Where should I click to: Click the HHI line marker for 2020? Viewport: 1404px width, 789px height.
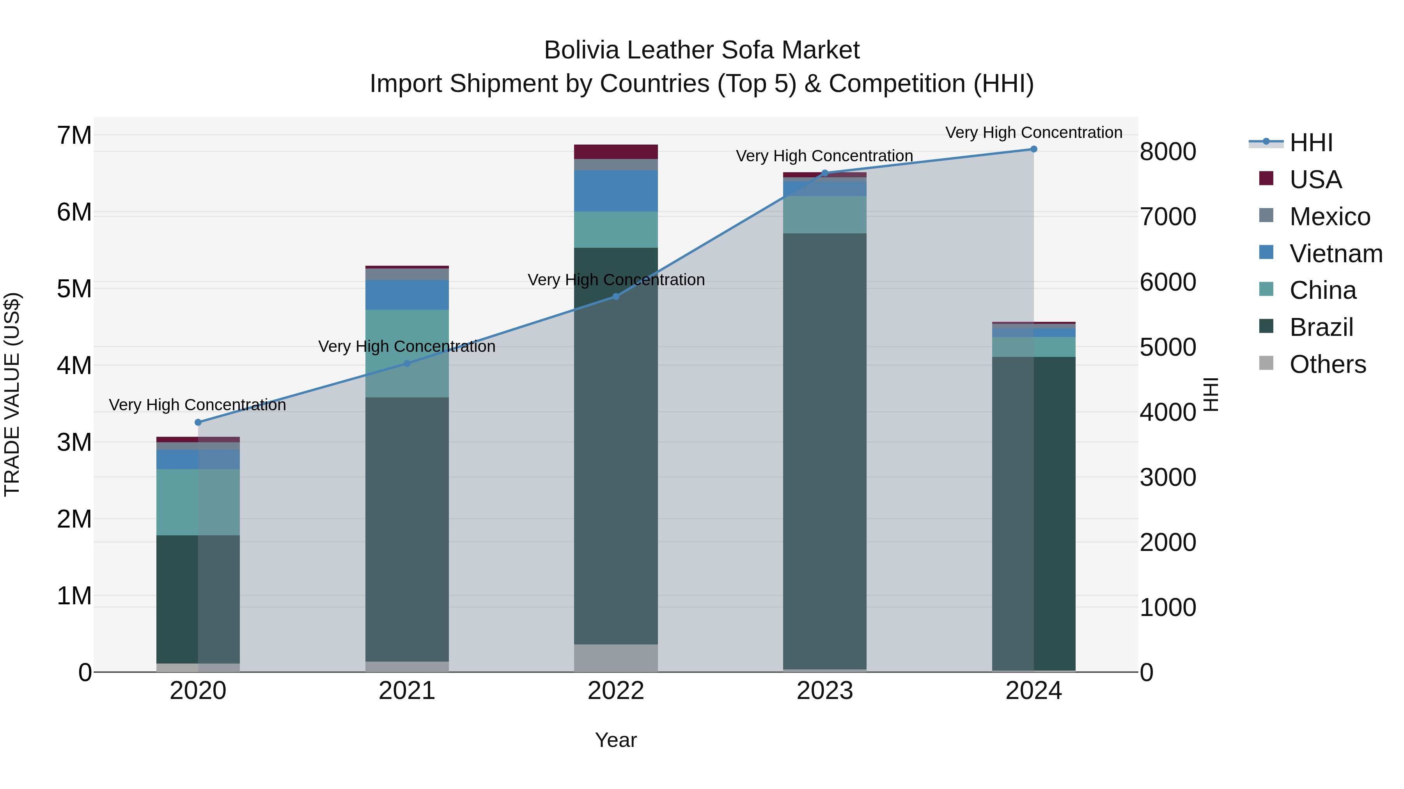coord(198,422)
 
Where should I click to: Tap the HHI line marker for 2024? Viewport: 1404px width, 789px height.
coord(1033,149)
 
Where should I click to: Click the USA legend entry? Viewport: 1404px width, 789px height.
coord(1315,180)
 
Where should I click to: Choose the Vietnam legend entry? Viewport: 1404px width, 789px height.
coord(1335,254)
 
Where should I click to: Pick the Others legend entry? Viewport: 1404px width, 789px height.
coord(1327,364)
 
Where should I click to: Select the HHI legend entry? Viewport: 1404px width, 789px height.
coord(1311,143)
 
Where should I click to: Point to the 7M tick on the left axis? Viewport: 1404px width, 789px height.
coord(74,135)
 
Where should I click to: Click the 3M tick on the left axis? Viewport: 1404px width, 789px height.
coord(74,442)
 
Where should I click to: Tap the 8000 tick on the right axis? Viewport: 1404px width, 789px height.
coord(1167,152)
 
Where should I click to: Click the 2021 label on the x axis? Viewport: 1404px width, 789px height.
coord(407,691)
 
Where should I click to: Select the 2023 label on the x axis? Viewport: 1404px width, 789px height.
coord(824,691)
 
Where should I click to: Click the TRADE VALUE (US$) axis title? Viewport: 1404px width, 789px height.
coord(12,394)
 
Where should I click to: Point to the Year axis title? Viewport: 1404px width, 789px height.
coord(615,740)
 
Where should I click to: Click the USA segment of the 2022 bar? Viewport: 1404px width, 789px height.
coord(616,152)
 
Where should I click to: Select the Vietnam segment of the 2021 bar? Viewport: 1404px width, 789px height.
coord(407,295)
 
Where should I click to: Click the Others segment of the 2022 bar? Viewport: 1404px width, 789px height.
coord(616,658)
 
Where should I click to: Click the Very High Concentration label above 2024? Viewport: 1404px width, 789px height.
coord(1033,132)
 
